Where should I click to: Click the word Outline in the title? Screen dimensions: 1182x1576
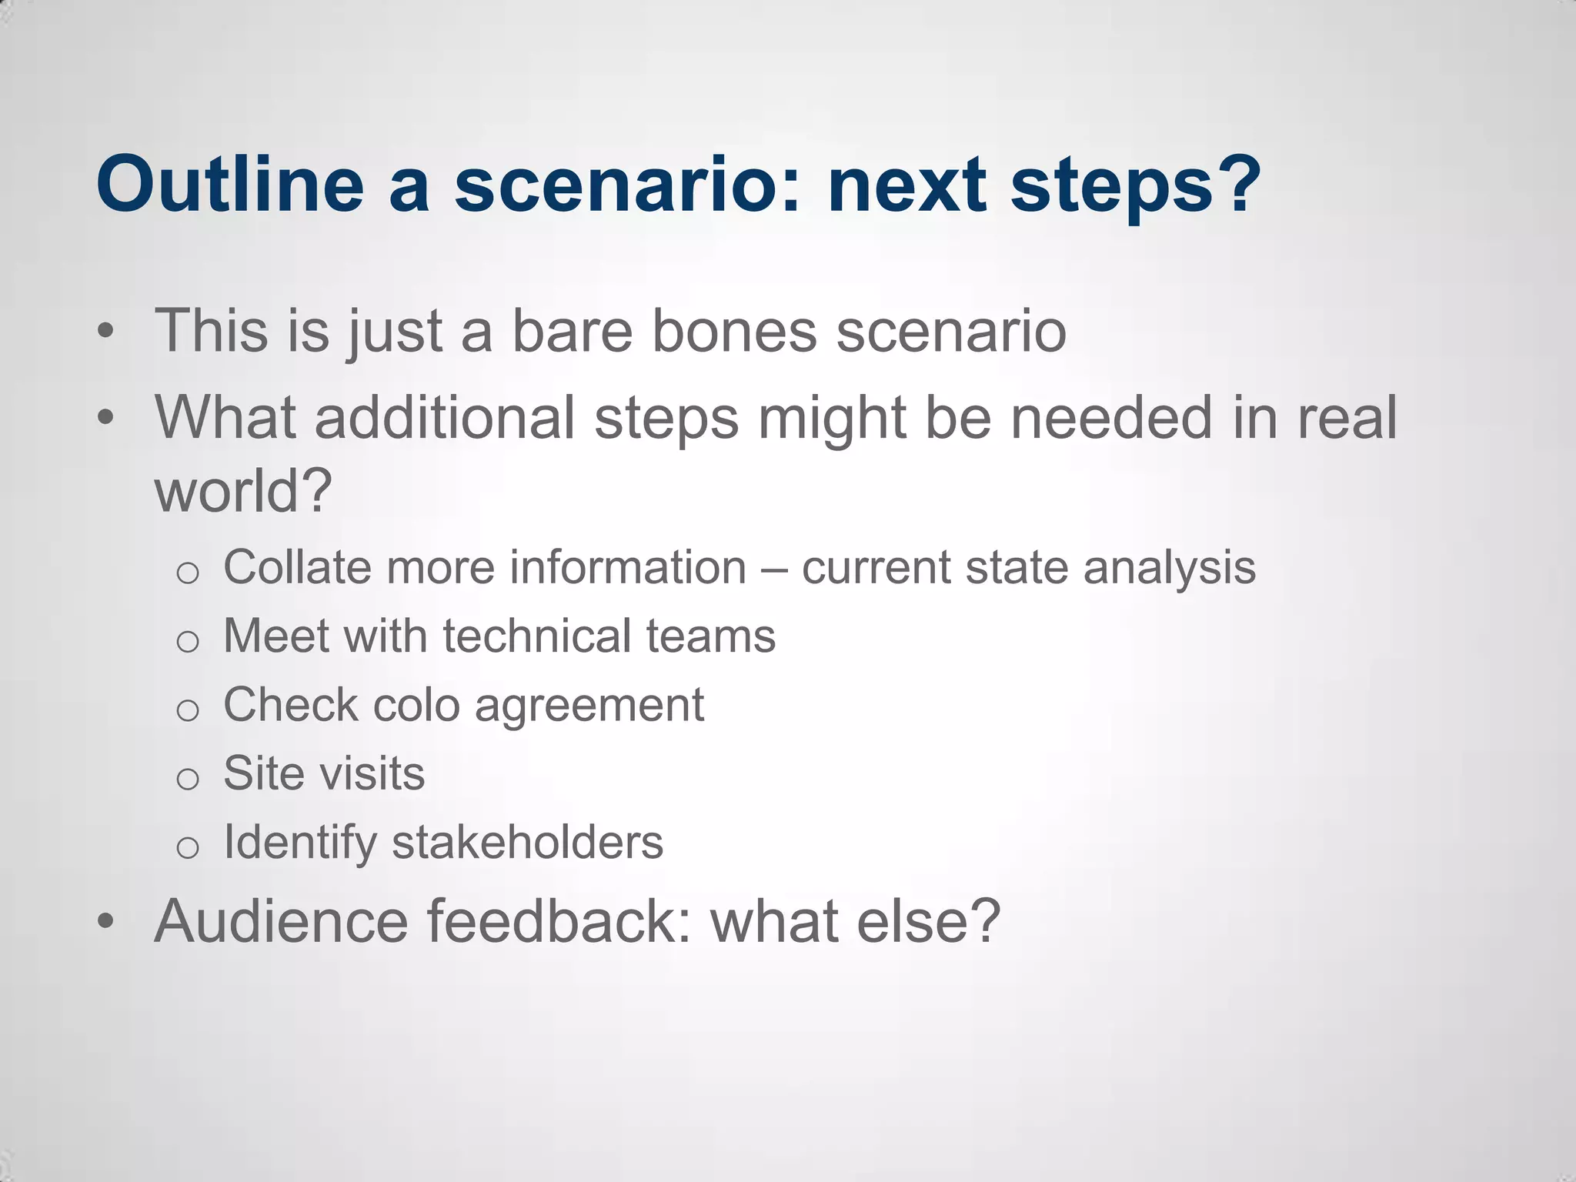coord(229,185)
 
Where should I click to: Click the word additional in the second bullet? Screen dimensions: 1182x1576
coord(444,417)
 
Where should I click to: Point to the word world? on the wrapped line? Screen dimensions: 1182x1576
coord(243,491)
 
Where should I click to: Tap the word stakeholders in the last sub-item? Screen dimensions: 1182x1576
coord(527,842)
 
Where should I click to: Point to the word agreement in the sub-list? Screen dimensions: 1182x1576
coord(589,706)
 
